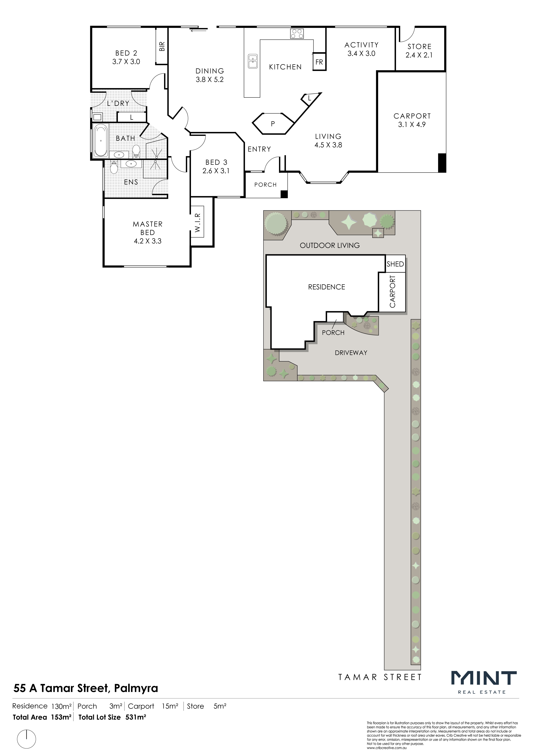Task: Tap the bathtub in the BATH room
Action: [101, 140]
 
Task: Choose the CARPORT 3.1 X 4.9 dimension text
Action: [412, 120]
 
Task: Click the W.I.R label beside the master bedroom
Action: [197, 223]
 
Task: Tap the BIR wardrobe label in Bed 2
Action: [162, 46]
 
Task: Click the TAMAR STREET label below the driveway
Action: [380, 677]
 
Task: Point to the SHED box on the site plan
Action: [395, 264]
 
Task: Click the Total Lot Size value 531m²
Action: [136, 717]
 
